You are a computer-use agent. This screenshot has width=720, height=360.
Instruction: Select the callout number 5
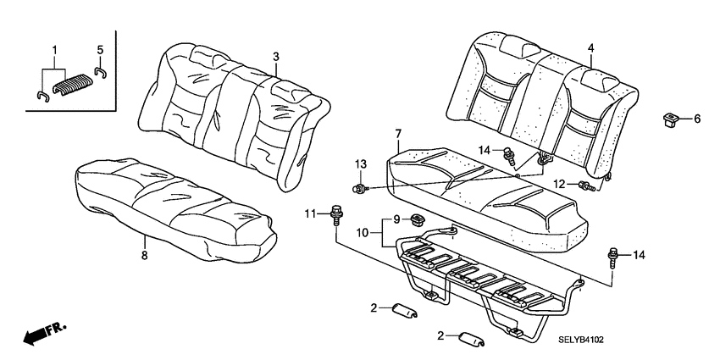click(x=99, y=49)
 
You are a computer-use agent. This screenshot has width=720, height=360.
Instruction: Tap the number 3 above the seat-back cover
click(x=275, y=56)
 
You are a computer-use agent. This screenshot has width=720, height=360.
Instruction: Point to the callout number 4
click(x=590, y=48)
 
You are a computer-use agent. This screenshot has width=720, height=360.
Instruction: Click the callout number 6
click(x=697, y=119)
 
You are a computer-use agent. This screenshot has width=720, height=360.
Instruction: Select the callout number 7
click(x=398, y=134)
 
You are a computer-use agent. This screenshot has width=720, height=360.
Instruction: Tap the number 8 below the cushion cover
click(x=144, y=253)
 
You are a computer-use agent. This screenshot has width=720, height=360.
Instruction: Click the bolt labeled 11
click(x=336, y=212)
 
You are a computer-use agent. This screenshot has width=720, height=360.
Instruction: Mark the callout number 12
click(x=558, y=184)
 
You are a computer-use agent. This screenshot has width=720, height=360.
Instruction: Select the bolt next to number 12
click(x=584, y=185)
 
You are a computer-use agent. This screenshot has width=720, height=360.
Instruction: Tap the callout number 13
click(x=359, y=163)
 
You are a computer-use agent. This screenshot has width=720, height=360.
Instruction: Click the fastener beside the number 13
click(x=361, y=186)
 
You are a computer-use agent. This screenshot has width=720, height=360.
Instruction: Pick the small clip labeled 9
click(x=417, y=219)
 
